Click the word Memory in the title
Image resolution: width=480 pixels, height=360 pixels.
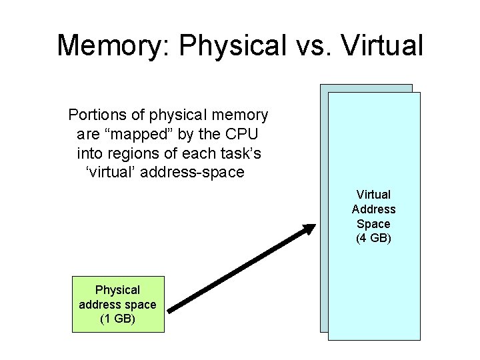[113, 45]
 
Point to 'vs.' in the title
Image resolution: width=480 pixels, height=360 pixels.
[312, 45]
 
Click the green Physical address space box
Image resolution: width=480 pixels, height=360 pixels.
[117, 305]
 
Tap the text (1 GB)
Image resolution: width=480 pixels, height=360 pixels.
[117, 319]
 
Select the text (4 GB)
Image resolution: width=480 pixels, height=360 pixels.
[373, 238]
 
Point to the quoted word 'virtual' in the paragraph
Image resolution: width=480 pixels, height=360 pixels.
[108, 173]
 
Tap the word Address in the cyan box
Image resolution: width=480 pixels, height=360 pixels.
[373, 209]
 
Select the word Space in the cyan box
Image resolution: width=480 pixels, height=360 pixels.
[373, 223]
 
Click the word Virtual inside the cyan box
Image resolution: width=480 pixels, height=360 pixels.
[373, 194]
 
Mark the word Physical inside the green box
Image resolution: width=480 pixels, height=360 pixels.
[117, 290]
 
